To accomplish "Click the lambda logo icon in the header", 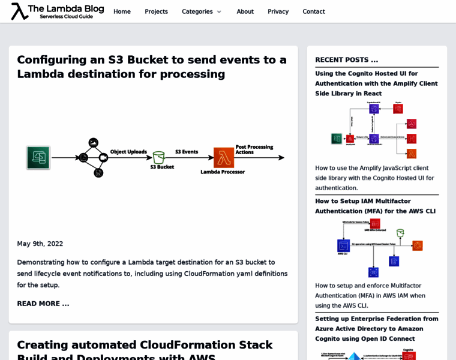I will pyautogui.click(x=20, y=11).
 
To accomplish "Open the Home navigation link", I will pyautogui.click(x=122, y=11).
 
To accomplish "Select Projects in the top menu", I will pyautogui.click(x=156, y=11).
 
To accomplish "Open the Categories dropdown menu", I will pyautogui.click(x=202, y=11).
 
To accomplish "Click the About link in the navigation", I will pyautogui.click(x=245, y=11).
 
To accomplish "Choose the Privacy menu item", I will pyautogui.click(x=278, y=11).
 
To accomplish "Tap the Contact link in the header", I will pyautogui.click(x=314, y=11).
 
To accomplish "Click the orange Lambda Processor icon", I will pyautogui.click(x=223, y=158).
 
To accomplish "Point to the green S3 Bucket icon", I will pyautogui.click(x=158, y=157).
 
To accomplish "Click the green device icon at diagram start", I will pyautogui.click(x=38, y=157).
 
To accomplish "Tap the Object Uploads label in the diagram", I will pyautogui.click(x=128, y=152).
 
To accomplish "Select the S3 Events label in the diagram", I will pyautogui.click(x=187, y=152).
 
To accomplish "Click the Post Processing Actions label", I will pyautogui.click(x=254, y=149).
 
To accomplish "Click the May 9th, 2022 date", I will pyautogui.click(x=40, y=244).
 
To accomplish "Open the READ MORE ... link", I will pyautogui.click(x=43, y=304).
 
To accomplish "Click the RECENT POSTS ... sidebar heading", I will pyautogui.click(x=347, y=60).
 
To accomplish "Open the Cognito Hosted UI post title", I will pyautogui.click(x=376, y=83).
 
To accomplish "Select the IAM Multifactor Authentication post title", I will pyautogui.click(x=375, y=206).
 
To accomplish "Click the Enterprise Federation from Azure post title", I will pyautogui.click(x=376, y=328).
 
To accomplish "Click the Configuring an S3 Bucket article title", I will pyautogui.click(x=152, y=67).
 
